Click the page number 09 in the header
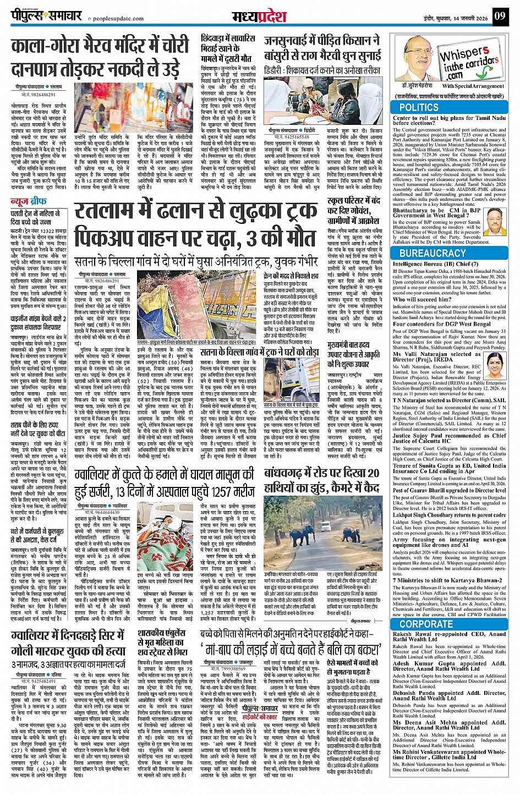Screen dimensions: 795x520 point(500,15)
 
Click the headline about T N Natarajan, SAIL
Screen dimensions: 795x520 point(449,400)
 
